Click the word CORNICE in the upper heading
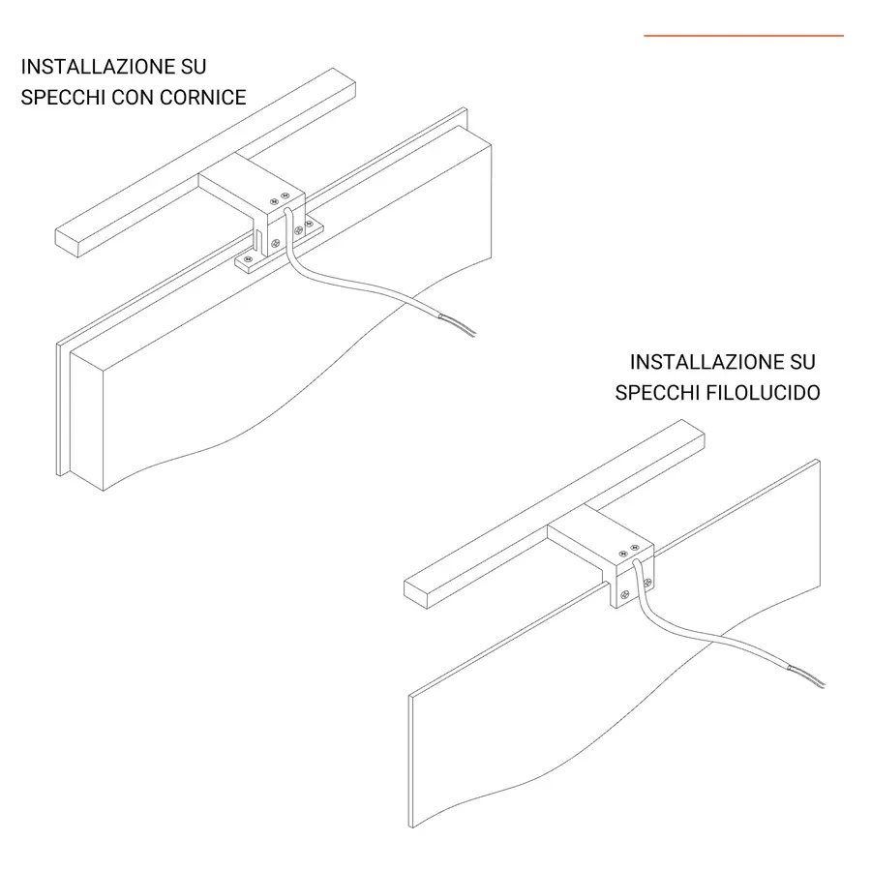coord(203,97)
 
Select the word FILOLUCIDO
coord(764,393)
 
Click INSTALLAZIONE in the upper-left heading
coord(98,67)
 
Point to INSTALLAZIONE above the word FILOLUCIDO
coord(706,362)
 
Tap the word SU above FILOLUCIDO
coord(802,362)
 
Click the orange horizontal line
coord(744,36)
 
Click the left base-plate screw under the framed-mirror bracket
coord(249,259)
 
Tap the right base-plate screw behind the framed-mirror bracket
coord(310,224)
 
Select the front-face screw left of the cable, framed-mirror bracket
coord(275,243)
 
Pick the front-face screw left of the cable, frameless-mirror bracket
coord(624,595)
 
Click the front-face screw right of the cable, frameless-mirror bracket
coord(647,583)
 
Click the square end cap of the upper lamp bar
coord(67,243)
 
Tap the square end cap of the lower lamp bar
coord(415,594)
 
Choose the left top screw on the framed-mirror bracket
coord(273,201)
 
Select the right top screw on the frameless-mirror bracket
coord(635,549)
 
